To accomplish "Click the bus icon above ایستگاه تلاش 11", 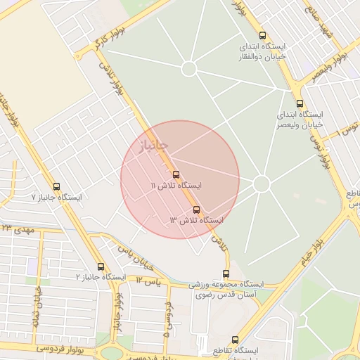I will coord(175,174).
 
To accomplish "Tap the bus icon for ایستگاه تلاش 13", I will coord(196,210).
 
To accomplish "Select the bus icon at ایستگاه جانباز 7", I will coord(57,186).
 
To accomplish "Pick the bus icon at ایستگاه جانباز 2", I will coord(101,266).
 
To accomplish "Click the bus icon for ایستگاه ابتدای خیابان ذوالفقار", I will coord(262,35).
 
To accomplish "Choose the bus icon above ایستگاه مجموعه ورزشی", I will coord(226,274).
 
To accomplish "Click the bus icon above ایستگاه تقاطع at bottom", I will coord(235,340).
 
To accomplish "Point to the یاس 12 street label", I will coord(148,281).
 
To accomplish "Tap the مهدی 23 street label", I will coord(18,229).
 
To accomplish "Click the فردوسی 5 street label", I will coord(167,320).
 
